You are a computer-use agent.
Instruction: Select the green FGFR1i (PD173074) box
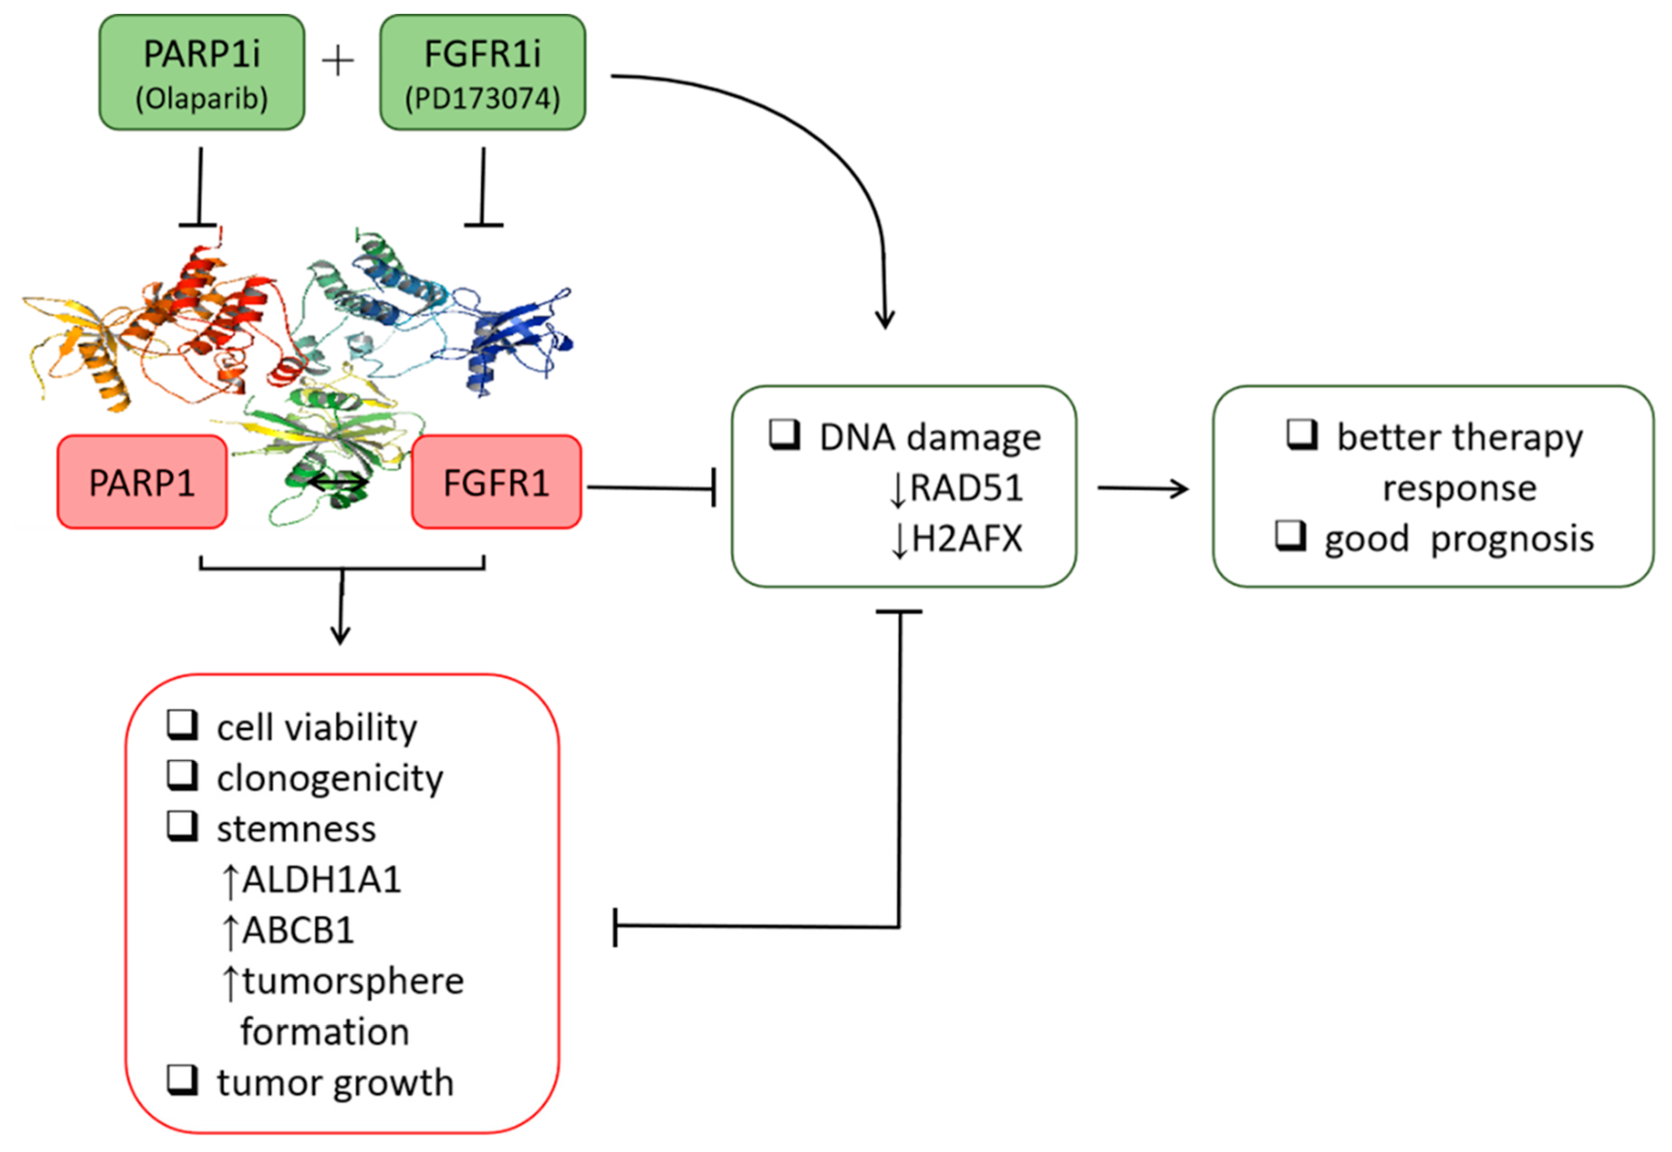coord(482,72)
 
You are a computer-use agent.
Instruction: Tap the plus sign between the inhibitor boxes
coord(338,62)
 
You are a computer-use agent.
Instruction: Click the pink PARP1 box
coord(142,482)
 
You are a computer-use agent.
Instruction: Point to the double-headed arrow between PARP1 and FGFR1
coord(338,484)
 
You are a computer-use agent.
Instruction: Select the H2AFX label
coord(966,539)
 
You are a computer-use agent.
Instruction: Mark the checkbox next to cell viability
coord(183,725)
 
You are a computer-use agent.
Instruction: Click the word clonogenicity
coord(330,778)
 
